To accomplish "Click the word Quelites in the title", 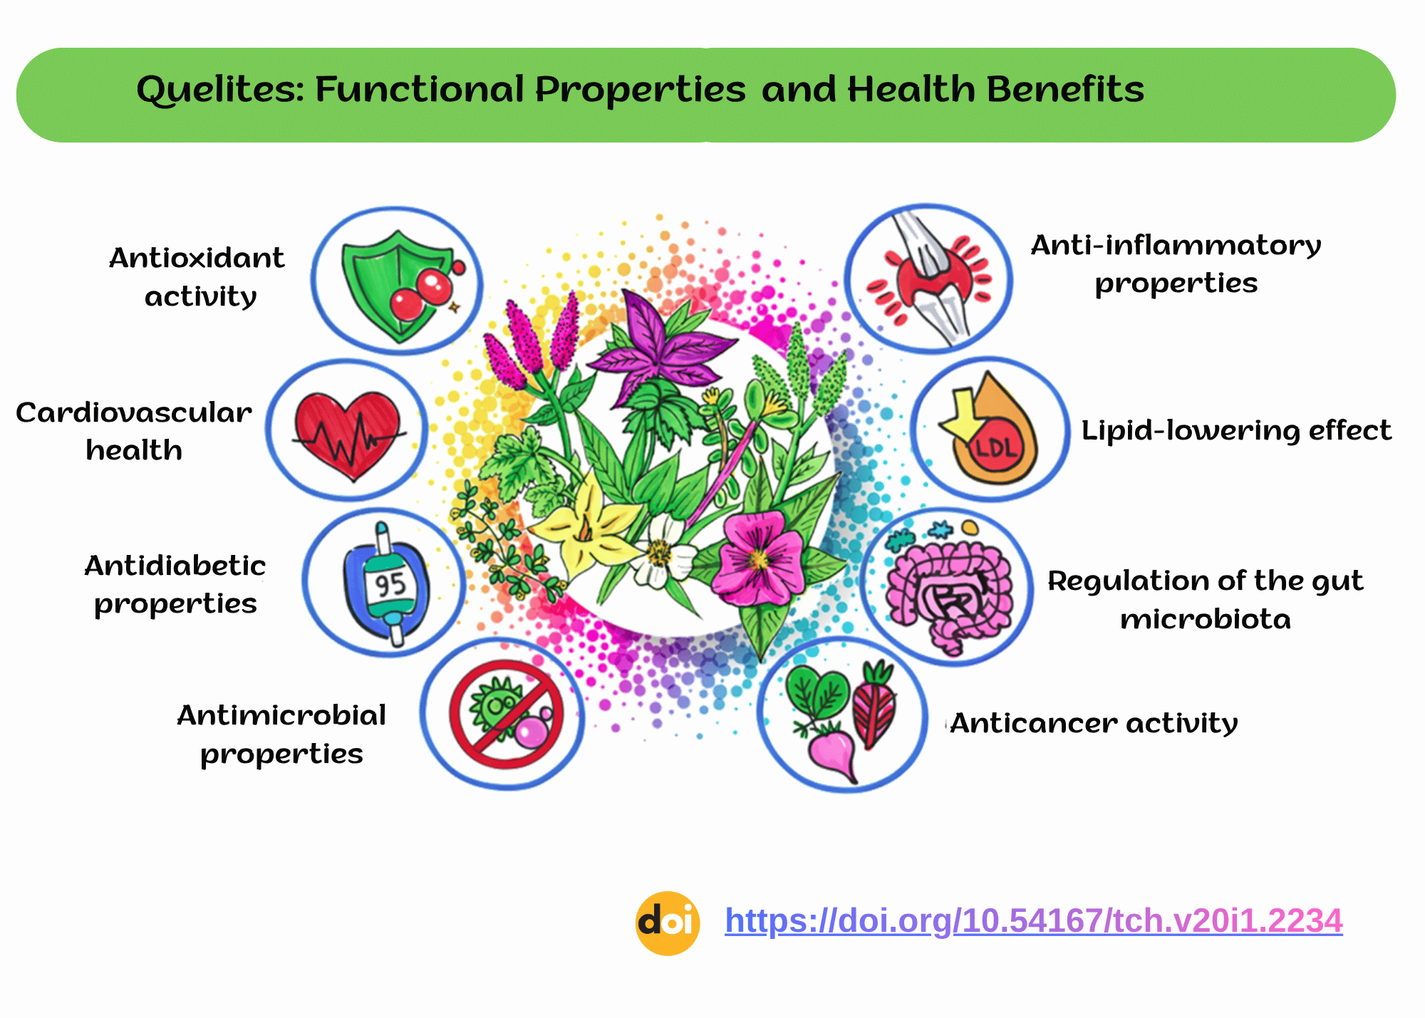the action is (221, 90).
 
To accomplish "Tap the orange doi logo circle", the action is (668, 923).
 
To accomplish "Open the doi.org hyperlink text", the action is (1034, 921).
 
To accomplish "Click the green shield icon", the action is (395, 285).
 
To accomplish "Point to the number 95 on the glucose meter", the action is (390, 586).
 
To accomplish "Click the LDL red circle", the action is (996, 447).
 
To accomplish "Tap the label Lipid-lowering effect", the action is (1236, 431).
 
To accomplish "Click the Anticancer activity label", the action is (1094, 723).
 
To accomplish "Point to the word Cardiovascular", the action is (134, 412).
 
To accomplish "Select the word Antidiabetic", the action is (175, 566).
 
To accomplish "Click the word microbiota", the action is (1206, 619).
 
